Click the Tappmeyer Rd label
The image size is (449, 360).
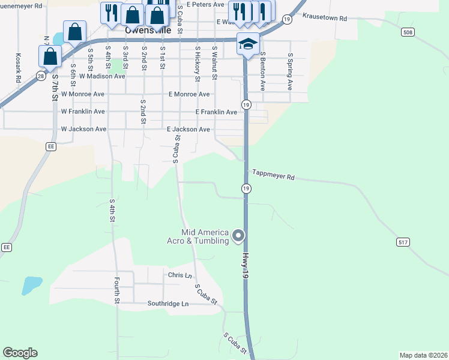tap(273, 177)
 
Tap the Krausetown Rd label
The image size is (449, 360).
tap(325, 18)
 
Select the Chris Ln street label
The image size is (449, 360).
tap(180, 275)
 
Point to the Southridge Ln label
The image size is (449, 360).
tap(168, 304)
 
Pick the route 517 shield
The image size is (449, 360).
tap(403, 242)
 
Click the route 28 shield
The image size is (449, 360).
tap(40, 76)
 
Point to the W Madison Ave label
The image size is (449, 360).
tap(93, 76)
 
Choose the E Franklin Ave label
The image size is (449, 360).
tap(216, 112)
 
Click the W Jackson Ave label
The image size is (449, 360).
tap(83, 129)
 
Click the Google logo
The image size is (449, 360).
tap(20, 353)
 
